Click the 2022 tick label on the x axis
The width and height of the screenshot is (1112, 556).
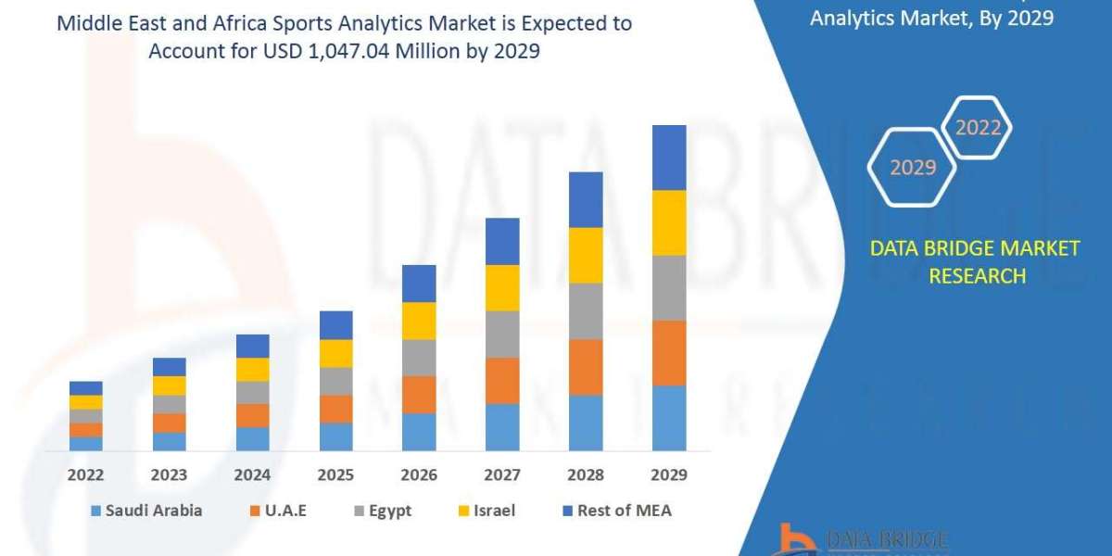tap(85, 475)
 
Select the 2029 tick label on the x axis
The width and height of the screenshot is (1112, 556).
tap(669, 475)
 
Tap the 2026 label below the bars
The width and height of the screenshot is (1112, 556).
tap(419, 475)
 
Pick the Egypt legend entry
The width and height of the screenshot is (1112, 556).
tap(381, 511)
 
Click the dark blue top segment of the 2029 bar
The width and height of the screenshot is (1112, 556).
tap(669, 158)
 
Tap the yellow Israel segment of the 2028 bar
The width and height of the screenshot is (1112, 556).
tap(586, 255)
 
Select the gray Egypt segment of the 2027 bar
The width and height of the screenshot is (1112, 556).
tap(502, 334)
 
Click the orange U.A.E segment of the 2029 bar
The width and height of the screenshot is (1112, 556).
tap(669, 353)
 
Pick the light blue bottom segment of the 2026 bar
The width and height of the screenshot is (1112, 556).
tap(419, 432)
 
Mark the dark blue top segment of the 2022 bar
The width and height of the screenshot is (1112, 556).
tap(85, 387)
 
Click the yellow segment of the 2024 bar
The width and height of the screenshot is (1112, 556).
tap(252, 369)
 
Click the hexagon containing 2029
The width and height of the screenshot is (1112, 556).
tap(912, 168)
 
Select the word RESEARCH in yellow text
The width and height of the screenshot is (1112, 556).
tap(977, 276)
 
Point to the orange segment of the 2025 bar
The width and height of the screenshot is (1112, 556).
tap(335, 409)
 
